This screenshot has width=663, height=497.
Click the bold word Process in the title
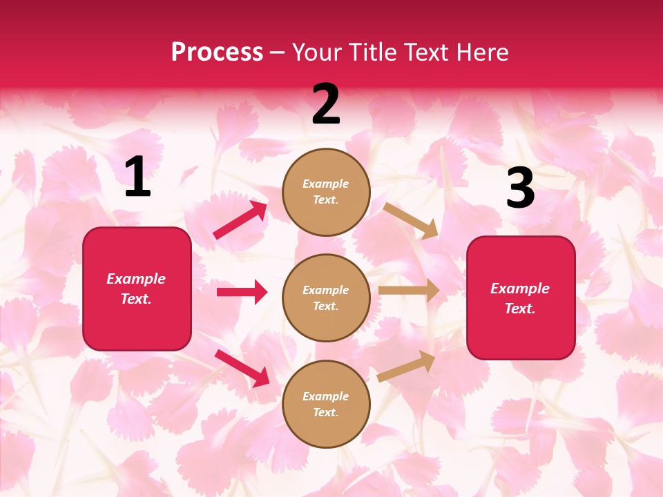click(x=217, y=52)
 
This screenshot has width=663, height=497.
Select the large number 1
click(x=137, y=177)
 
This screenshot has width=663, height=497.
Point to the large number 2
click(x=326, y=104)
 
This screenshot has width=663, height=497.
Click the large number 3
click(x=520, y=188)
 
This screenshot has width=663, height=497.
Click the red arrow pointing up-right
click(x=240, y=220)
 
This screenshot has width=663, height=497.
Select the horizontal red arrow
click(x=242, y=292)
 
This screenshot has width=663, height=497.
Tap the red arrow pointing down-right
click(x=242, y=368)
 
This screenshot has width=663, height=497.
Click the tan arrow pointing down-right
click(x=410, y=220)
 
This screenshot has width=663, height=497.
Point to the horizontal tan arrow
click(x=408, y=291)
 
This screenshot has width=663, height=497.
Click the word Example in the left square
click(x=136, y=279)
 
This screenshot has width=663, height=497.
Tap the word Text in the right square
click(x=520, y=309)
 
